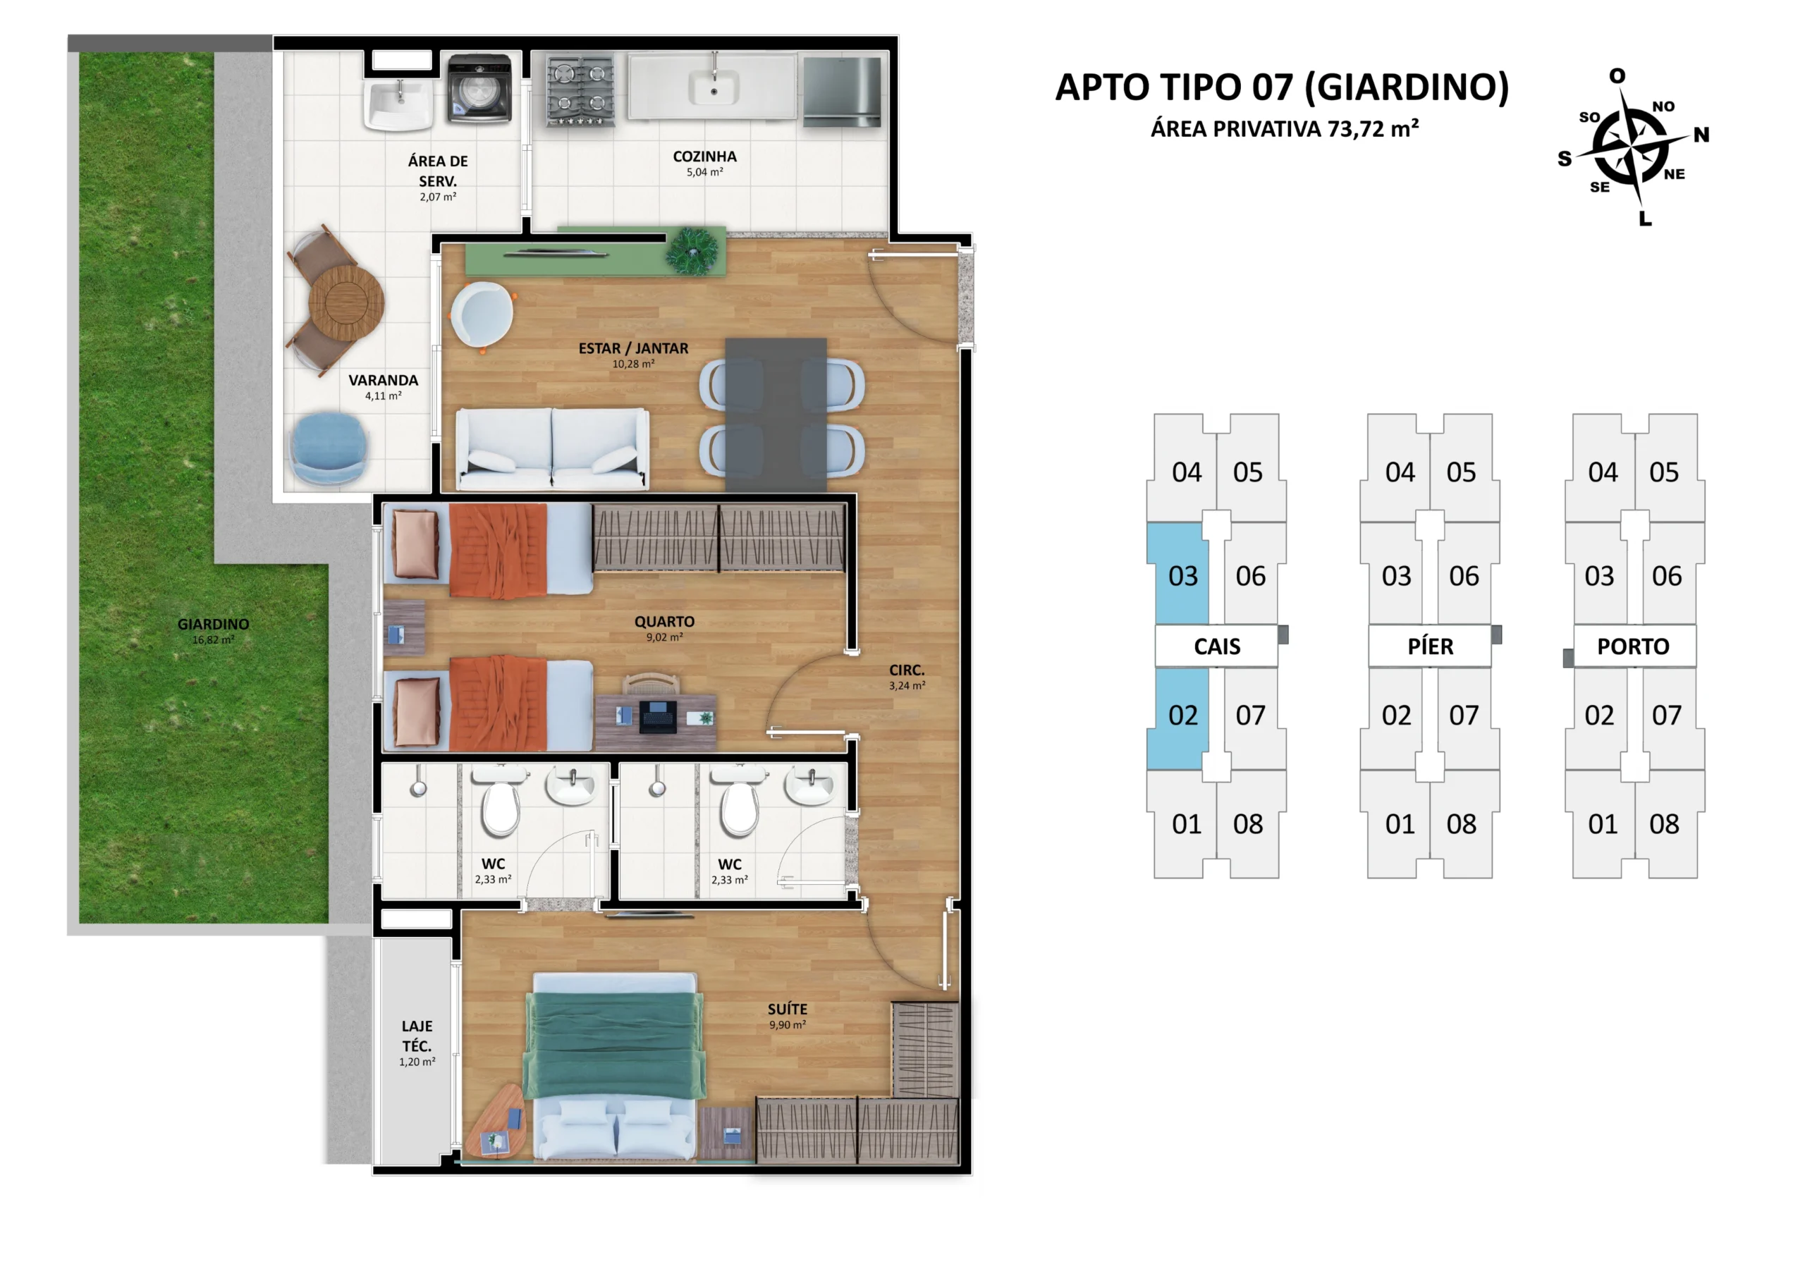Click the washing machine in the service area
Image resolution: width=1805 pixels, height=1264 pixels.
point(479,89)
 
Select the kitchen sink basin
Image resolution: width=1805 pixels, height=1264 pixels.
point(713,87)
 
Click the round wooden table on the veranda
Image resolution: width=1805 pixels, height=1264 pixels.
point(346,301)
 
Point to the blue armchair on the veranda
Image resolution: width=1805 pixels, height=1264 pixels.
point(329,448)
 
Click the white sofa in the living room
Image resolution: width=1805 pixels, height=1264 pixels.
point(553,449)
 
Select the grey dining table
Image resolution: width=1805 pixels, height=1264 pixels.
point(775,415)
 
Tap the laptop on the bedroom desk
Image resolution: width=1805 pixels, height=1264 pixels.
point(657,716)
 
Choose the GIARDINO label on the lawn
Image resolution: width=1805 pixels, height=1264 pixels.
point(213,624)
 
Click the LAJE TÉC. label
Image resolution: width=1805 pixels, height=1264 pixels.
point(417,1036)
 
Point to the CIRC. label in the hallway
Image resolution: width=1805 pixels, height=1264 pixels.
point(907,670)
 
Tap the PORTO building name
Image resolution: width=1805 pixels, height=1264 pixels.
point(1633,646)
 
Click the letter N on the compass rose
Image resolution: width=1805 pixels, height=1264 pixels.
point(1701,135)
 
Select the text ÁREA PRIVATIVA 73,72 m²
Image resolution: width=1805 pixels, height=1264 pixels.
point(1285,128)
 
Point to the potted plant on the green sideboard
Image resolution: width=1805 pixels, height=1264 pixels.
point(692,252)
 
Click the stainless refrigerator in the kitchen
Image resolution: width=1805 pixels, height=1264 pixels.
point(842,91)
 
